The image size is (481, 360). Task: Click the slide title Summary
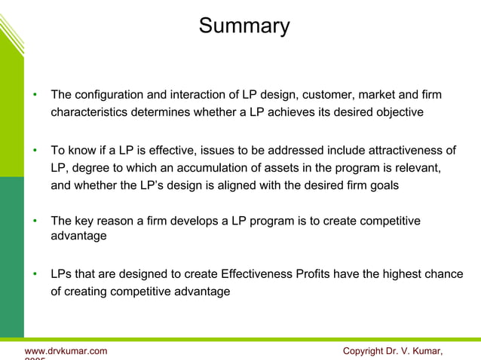coord(244,26)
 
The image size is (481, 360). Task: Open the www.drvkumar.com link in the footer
coord(66,351)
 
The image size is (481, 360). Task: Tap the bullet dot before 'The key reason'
coord(35,221)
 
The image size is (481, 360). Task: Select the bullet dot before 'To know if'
coord(35,150)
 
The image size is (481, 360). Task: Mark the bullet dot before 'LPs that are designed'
coord(35,275)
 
